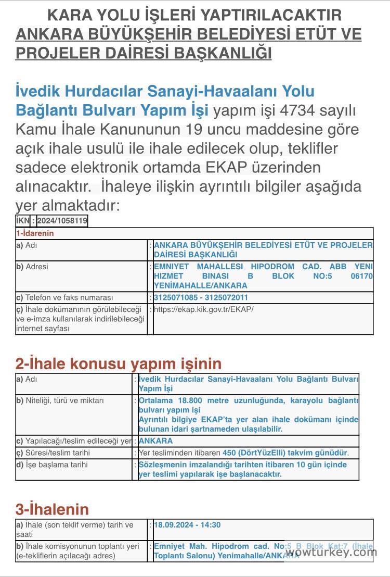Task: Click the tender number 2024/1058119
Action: click(62, 221)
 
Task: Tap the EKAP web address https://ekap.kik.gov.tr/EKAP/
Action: click(204, 309)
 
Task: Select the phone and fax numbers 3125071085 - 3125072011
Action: click(201, 298)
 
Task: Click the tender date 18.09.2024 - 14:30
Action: click(187, 524)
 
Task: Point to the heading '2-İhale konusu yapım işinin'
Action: click(119, 363)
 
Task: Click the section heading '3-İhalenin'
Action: click(52, 509)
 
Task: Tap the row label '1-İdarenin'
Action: click(35, 234)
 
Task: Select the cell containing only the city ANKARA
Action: click(155, 441)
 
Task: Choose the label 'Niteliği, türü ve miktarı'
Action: click(64, 400)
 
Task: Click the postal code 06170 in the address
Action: click(362, 276)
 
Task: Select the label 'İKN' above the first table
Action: click(23, 221)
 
